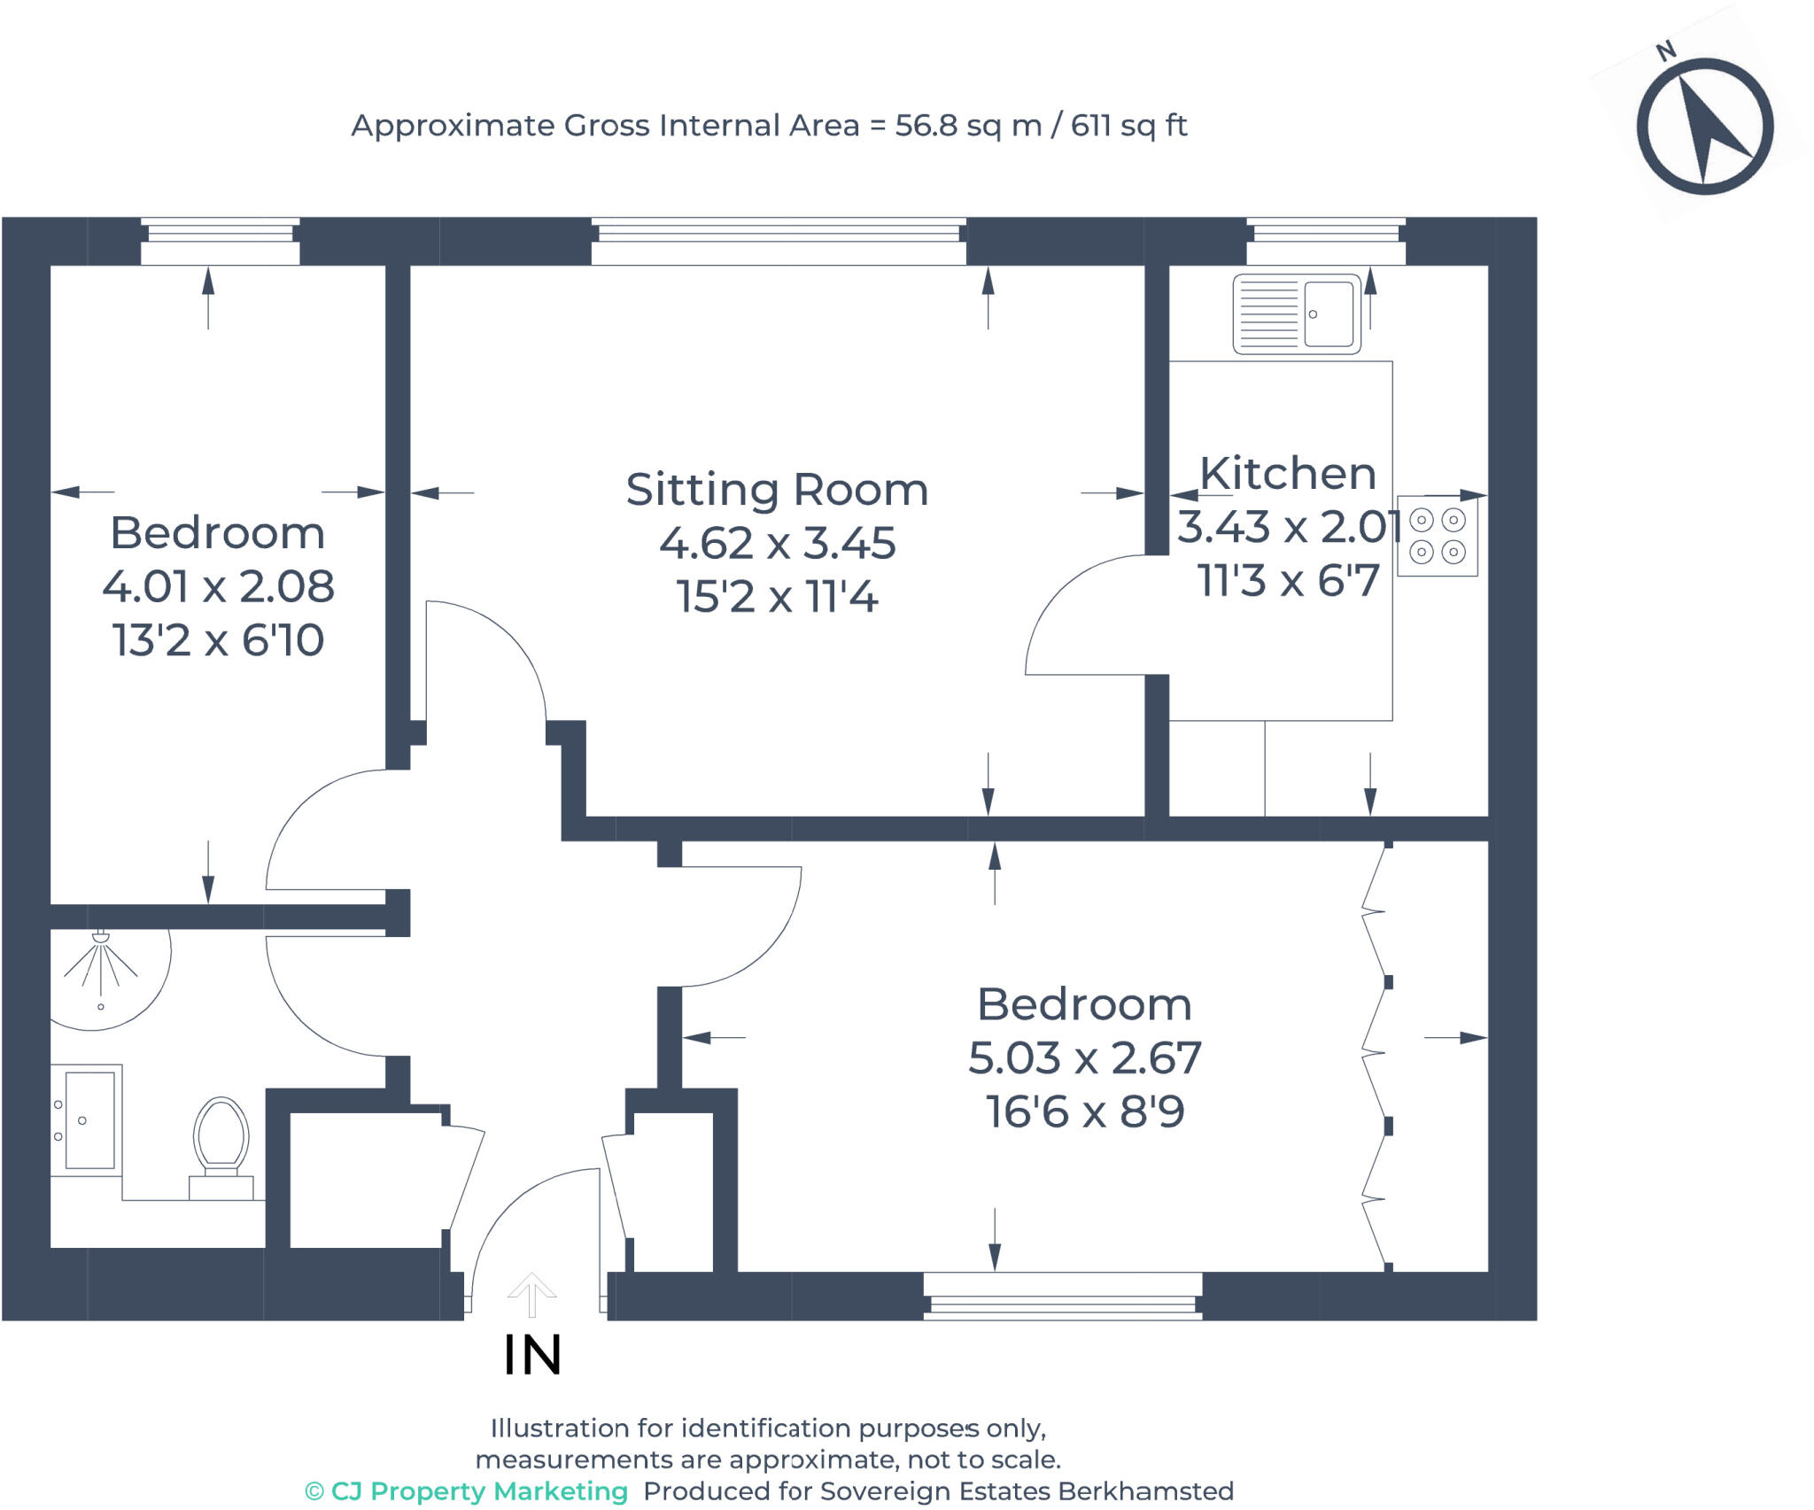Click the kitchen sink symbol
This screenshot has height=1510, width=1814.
tap(1297, 314)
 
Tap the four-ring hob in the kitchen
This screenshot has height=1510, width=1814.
tap(1437, 536)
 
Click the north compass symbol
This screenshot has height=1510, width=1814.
tap(1703, 127)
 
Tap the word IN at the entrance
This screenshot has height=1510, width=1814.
tap(532, 1355)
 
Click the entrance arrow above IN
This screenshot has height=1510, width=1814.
tap(531, 1295)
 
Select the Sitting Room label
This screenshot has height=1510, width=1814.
tap(777, 490)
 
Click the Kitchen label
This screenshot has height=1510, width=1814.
tap(1287, 473)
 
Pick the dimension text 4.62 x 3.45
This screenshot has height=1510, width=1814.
tap(777, 543)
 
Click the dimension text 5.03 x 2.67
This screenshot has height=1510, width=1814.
tap(1084, 1057)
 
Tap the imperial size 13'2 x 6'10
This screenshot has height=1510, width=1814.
tap(218, 640)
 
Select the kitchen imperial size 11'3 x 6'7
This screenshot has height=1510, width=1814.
tap(1288, 581)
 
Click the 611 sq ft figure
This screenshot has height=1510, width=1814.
tap(1128, 126)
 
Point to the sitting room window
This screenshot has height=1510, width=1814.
tap(779, 240)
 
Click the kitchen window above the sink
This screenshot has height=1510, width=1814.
tap(1326, 240)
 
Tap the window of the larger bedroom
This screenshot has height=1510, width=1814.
tap(1062, 1296)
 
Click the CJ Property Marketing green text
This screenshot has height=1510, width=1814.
tap(467, 1491)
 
